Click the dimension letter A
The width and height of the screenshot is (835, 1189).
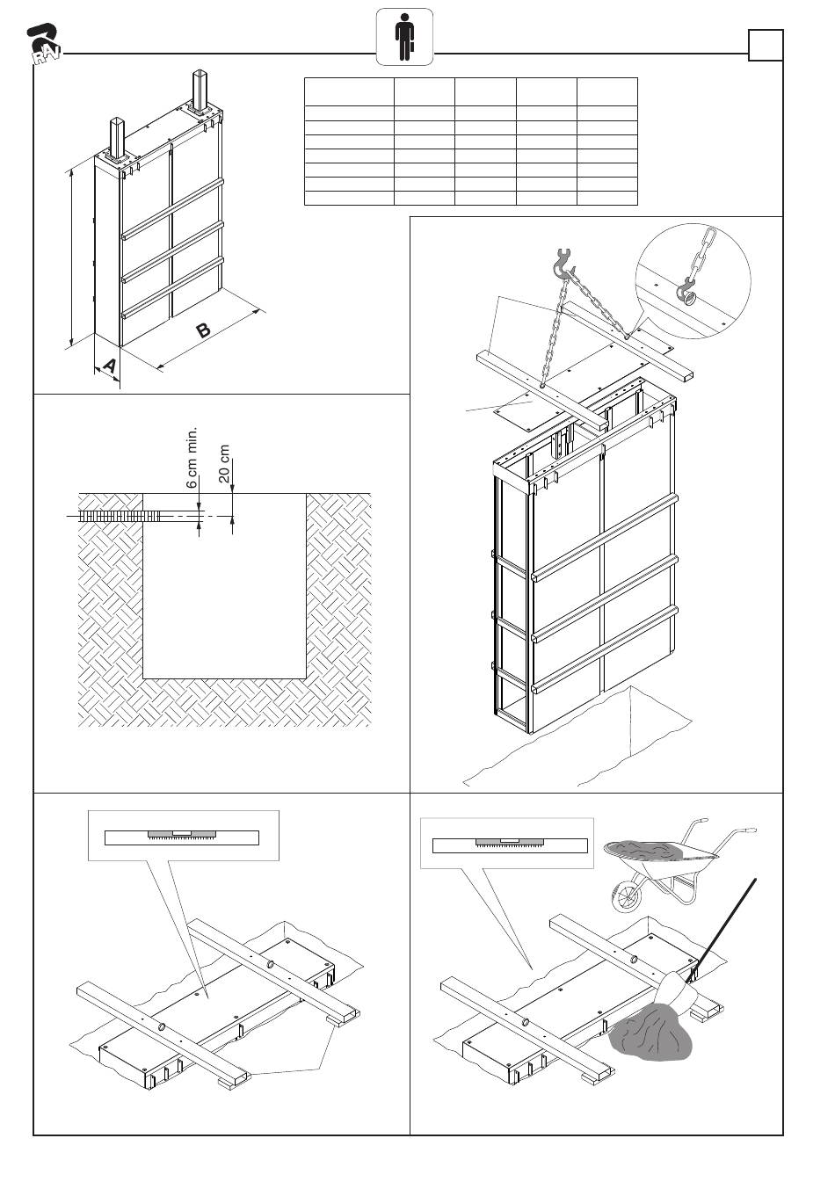[x=108, y=365]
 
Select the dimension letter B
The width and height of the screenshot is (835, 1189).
[x=203, y=331]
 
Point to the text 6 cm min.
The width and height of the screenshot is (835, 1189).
[x=192, y=458]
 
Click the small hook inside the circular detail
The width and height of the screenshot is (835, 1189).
[x=686, y=291]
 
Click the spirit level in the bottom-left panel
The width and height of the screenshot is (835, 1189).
[x=182, y=837]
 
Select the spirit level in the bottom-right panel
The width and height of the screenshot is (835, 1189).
[x=510, y=845]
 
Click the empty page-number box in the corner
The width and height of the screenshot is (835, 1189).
[x=765, y=46]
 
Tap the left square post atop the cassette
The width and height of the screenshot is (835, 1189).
[x=118, y=139]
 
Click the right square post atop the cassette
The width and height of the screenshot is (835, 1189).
[x=200, y=91]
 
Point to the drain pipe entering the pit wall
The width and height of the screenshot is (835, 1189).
[x=114, y=517]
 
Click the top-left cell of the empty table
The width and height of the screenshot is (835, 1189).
[x=348, y=91]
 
